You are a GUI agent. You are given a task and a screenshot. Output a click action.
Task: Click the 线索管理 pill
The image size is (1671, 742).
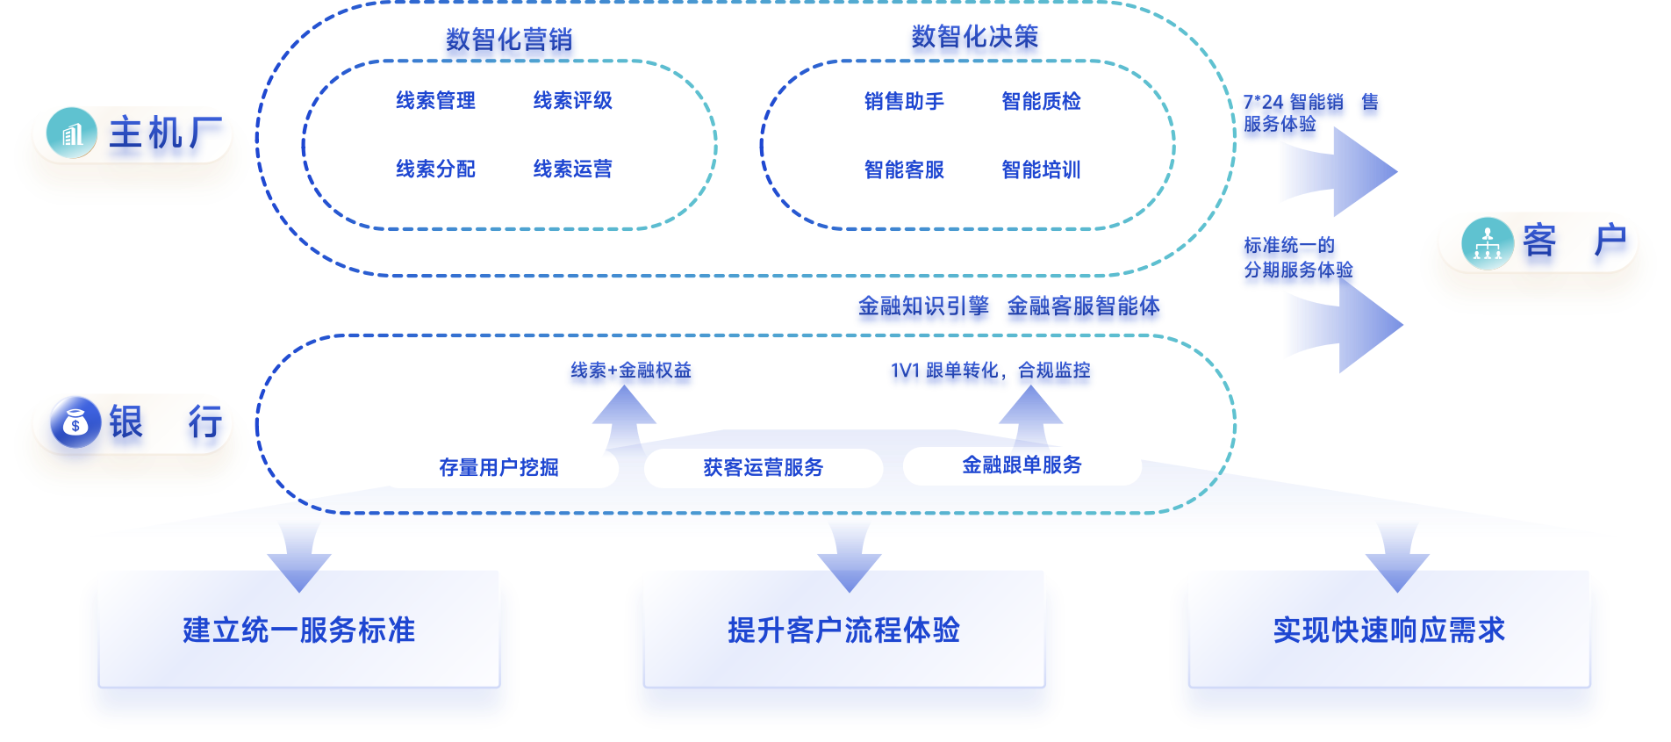(x=435, y=101)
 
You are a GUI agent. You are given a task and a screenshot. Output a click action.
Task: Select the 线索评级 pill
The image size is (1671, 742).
(x=572, y=101)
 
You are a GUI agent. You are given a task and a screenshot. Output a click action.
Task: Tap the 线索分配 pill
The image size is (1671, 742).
(x=435, y=169)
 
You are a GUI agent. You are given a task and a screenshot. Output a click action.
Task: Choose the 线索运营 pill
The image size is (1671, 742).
(x=572, y=169)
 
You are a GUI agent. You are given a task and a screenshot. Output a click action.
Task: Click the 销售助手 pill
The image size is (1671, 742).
(x=904, y=102)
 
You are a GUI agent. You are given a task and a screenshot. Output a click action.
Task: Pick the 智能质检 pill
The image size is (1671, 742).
(x=1041, y=102)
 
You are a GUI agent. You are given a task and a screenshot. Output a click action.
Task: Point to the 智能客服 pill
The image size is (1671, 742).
(x=904, y=170)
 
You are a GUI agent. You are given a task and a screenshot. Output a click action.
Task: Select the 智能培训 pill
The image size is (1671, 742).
(x=1041, y=170)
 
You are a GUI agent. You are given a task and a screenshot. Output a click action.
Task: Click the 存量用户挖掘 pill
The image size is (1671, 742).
(x=498, y=468)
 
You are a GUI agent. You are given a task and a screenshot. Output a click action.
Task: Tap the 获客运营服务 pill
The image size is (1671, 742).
(x=764, y=468)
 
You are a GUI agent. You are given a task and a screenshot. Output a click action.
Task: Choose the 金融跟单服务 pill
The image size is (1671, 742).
(x=1022, y=465)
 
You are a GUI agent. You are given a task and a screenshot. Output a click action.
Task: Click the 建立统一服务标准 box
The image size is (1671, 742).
(x=299, y=630)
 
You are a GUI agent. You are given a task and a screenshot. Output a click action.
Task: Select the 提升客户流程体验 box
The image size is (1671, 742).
(x=844, y=630)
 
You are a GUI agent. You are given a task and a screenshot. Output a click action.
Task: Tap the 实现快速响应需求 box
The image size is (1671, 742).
(x=1388, y=630)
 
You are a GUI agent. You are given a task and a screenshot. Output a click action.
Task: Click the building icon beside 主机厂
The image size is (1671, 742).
(x=71, y=133)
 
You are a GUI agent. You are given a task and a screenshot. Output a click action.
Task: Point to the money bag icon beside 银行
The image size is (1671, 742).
(x=75, y=422)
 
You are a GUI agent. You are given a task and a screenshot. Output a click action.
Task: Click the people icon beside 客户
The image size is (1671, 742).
(x=1487, y=242)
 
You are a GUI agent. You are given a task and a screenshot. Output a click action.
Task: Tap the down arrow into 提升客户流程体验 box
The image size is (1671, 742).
(x=849, y=558)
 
